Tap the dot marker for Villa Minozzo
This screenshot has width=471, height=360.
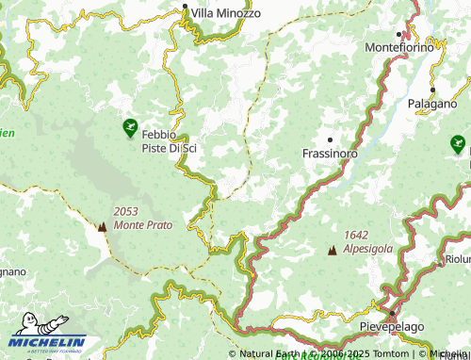pyautogui.click(x=186, y=11)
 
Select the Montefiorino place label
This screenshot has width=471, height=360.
pyautogui.click(x=399, y=46)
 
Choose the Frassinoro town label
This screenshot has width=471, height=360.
pyautogui.click(x=330, y=152)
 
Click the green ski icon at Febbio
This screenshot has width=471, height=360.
pyautogui.click(x=130, y=127)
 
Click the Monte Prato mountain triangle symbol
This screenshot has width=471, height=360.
pyautogui.click(x=102, y=226)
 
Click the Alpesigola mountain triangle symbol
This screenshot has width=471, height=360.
pyautogui.click(x=332, y=250)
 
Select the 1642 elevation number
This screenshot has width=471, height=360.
pyautogui.click(x=357, y=235)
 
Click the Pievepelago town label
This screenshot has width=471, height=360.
pyautogui.click(x=391, y=325)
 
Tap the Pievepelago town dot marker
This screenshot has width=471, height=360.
pyautogui.click(x=392, y=312)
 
